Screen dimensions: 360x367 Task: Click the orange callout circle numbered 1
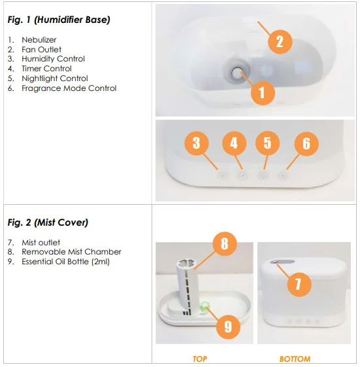tap(263, 93)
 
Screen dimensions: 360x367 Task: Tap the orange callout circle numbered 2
tap(280, 42)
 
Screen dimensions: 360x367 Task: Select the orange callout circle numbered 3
tap(197, 143)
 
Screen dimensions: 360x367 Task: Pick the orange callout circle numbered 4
tap(235, 143)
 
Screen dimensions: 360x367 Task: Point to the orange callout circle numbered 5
tap(267, 143)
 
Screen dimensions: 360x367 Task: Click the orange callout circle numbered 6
tap(306, 143)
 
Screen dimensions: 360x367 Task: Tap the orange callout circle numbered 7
tap(299, 285)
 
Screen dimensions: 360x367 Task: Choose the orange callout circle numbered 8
tap(224, 244)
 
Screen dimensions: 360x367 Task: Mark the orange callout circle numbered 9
tap(228, 326)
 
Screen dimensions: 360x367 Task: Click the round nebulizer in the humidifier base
tap(236, 73)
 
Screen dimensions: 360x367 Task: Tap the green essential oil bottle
tap(205, 306)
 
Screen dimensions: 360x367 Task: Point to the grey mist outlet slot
tap(282, 262)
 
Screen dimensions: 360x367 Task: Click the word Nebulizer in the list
tap(39, 40)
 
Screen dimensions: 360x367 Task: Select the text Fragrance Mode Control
tap(69, 88)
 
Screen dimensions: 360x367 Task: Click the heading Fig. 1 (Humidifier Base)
tap(59, 20)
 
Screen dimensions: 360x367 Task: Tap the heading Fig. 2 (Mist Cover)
tap(48, 222)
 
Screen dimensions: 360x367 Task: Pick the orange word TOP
tap(200, 358)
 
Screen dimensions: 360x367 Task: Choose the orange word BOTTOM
tap(295, 358)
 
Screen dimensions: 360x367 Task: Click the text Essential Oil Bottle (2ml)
tap(66, 262)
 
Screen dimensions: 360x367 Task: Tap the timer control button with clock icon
tap(242, 176)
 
